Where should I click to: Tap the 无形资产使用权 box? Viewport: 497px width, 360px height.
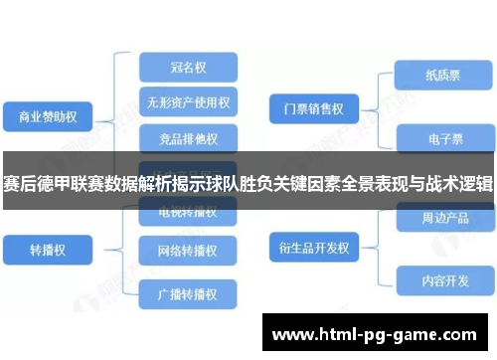(x=188, y=101)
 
